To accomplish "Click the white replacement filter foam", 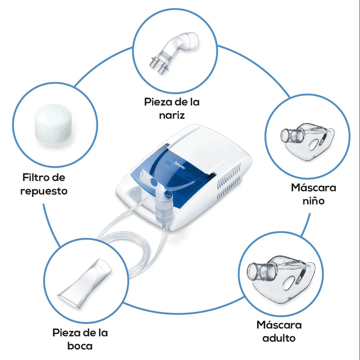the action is pos(53,125).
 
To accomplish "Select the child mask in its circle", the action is pos(307,140).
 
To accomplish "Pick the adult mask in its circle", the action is pos(281,279).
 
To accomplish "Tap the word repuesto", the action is pos(44,191).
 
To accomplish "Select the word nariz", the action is pos(172,115).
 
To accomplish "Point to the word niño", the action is pos(314,201).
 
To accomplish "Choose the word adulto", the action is pos(279,338).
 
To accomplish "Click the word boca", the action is pos(80,346).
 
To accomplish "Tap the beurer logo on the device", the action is pos(180,165).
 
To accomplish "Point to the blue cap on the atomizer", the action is pos(168,193).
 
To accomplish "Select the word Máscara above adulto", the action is pos(279,325).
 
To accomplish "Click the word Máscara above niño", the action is pos(314,187).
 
